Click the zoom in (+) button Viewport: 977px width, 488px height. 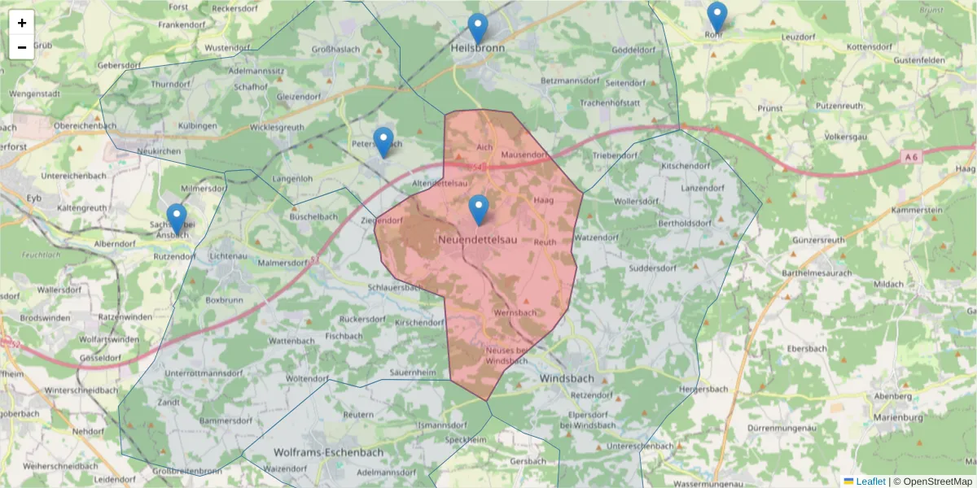click(22, 23)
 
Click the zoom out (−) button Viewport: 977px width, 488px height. click(22, 47)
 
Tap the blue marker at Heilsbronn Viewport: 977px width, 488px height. click(478, 28)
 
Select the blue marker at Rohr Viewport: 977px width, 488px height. click(716, 17)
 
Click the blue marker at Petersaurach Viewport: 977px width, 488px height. click(383, 142)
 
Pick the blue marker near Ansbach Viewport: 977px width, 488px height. click(177, 218)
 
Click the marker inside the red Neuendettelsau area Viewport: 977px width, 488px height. click(479, 210)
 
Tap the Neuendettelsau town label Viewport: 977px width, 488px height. click(477, 241)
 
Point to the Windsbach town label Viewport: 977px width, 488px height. click(567, 378)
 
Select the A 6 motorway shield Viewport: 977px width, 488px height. click(912, 156)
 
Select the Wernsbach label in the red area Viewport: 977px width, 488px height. click(515, 312)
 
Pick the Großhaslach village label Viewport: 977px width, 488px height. click(336, 50)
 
